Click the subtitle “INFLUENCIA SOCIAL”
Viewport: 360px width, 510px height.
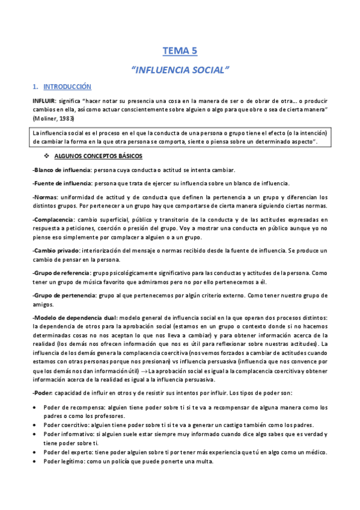click(180, 70)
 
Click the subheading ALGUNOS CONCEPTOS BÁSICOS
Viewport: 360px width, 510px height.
click(102, 156)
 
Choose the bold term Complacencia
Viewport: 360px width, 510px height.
click(53, 220)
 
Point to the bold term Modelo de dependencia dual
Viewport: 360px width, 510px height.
click(75, 317)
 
